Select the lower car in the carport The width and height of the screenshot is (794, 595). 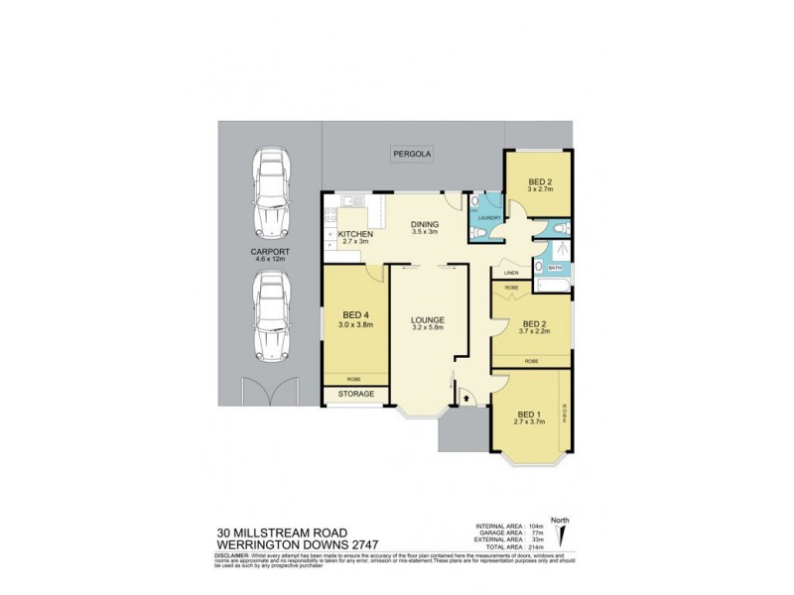270,317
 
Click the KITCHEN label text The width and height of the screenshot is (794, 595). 354,234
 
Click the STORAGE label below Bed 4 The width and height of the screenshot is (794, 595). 355,394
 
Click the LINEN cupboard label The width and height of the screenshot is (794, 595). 512,273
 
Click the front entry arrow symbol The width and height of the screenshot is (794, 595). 463,395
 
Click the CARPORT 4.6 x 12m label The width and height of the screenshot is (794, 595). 269,256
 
